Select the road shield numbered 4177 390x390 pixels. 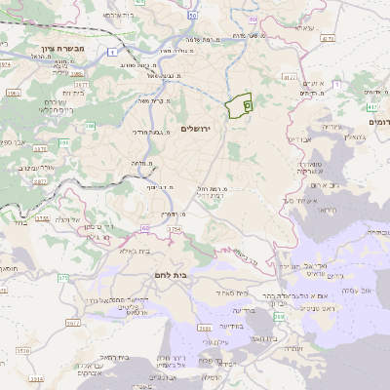289,75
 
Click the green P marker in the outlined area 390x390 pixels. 247,103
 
